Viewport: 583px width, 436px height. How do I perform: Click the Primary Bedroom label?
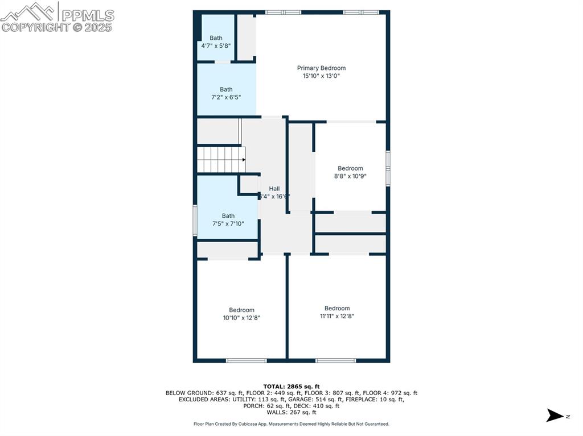pyautogui.click(x=321, y=68)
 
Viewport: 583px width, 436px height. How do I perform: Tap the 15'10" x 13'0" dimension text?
pyautogui.click(x=321, y=76)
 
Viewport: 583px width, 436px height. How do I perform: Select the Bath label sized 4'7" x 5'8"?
pyautogui.click(x=216, y=38)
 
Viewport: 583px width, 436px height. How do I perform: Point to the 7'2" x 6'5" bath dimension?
pyautogui.click(x=226, y=97)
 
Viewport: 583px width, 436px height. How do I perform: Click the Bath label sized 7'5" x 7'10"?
pyautogui.click(x=228, y=216)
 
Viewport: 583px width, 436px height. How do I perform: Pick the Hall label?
pyautogui.click(x=274, y=189)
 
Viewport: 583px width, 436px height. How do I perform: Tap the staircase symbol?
pyautogui.click(x=221, y=160)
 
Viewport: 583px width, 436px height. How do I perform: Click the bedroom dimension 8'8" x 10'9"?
pyautogui.click(x=350, y=176)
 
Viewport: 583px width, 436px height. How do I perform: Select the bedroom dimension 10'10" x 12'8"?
pyautogui.click(x=241, y=318)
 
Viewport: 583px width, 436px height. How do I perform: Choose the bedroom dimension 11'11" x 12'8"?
pyautogui.click(x=337, y=316)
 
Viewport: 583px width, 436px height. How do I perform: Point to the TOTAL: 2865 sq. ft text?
pyautogui.click(x=291, y=386)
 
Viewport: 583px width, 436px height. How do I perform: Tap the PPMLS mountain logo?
pyautogui.click(x=28, y=11)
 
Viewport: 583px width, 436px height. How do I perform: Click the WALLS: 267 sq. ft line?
pyautogui.click(x=291, y=412)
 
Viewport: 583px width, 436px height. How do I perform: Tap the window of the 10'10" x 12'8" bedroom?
pyautogui.click(x=246, y=360)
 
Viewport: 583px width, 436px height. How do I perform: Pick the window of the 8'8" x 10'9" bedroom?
pyautogui.click(x=388, y=168)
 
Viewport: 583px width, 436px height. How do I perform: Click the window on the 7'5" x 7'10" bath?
pyautogui.click(x=195, y=221)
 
